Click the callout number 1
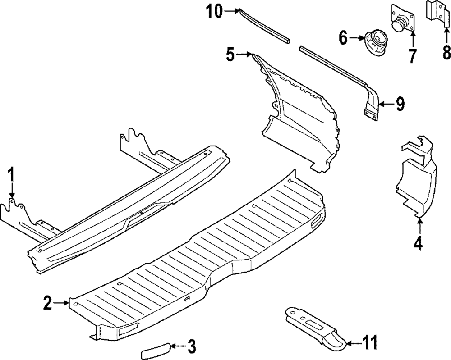click(12, 175)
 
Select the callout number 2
click(48, 303)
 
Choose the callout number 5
click(230, 55)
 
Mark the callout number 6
click(343, 38)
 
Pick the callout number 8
click(446, 53)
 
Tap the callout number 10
click(215, 11)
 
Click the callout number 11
click(370, 342)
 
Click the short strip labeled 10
click(263, 25)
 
